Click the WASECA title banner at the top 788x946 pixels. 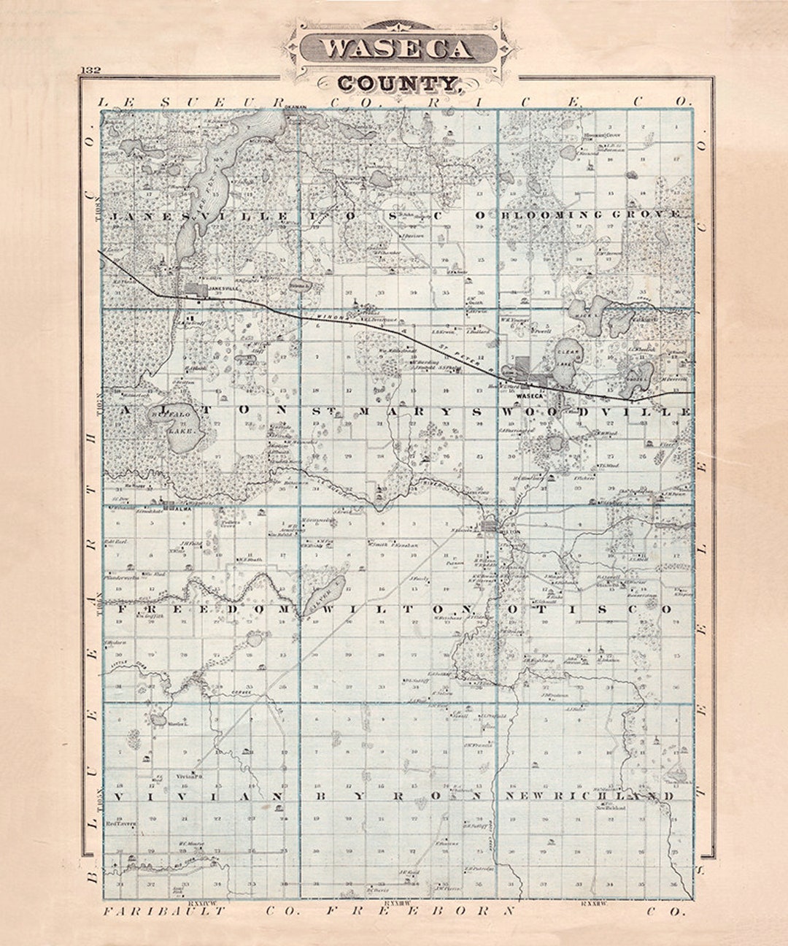[x=398, y=48]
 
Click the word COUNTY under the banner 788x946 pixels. [x=398, y=83]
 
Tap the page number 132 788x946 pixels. [x=91, y=70]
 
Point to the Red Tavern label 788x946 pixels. [x=117, y=823]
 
